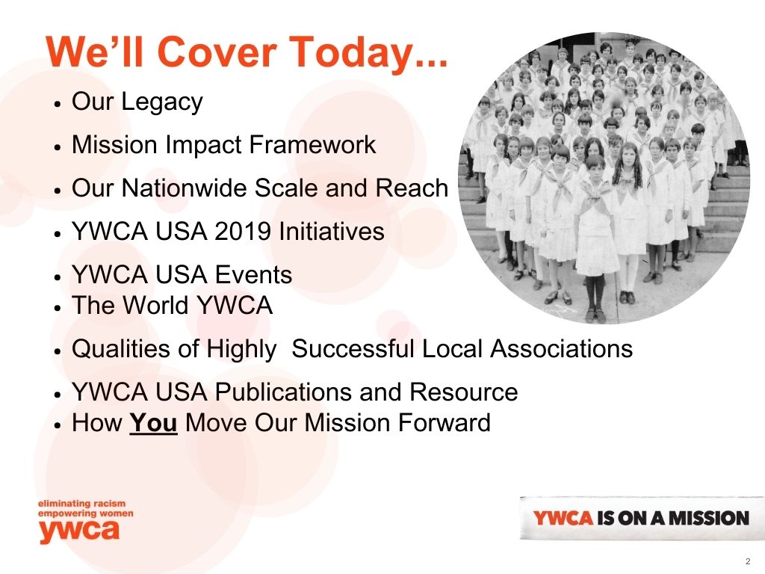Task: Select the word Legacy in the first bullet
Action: point(161,103)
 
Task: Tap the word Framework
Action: point(312,144)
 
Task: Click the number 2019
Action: point(243,232)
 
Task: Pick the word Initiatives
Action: point(331,231)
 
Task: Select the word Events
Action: point(253,275)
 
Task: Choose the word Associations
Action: point(561,349)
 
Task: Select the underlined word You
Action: point(153,423)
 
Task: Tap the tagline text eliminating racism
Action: point(81,503)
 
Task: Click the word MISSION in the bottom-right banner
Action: point(708,518)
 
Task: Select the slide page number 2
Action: point(748,561)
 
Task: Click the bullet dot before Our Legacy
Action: point(57,104)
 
